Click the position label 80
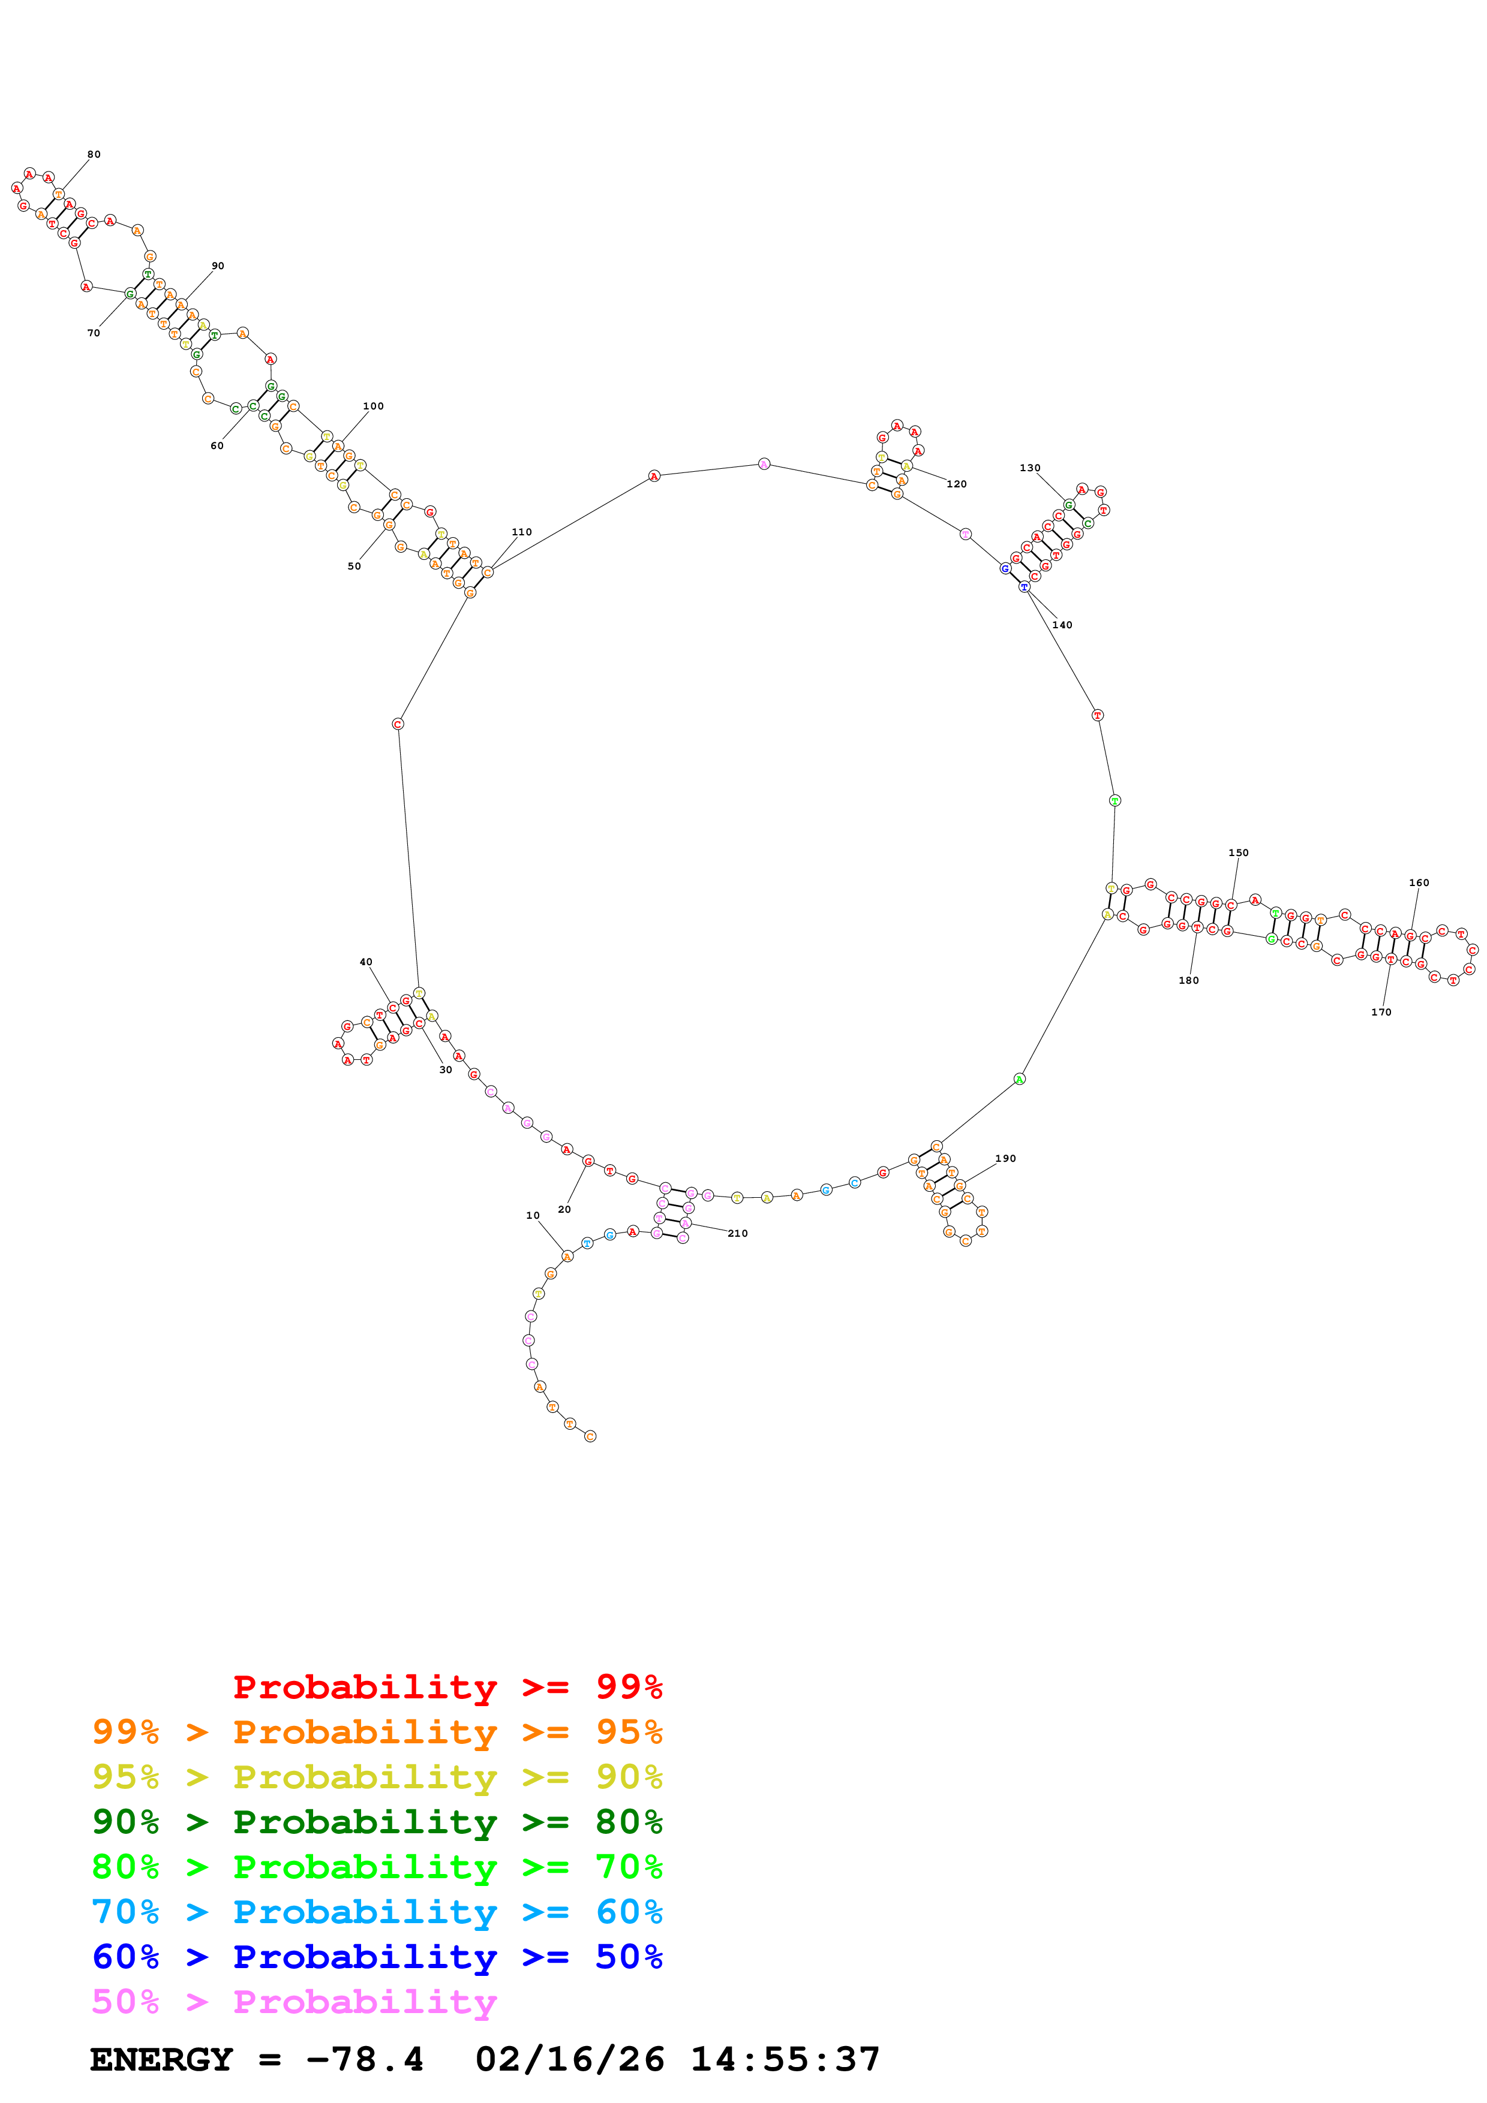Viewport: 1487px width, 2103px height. point(94,154)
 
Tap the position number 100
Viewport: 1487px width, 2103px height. point(373,406)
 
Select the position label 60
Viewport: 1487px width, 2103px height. point(217,446)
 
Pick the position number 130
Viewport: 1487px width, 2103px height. point(1030,468)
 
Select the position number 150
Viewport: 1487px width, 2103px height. point(1238,852)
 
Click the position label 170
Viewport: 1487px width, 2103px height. point(1381,1012)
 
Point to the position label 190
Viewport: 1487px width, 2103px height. point(1005,1159)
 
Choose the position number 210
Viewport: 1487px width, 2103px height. point(738,1234)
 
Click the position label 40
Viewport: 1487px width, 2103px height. point(365,962)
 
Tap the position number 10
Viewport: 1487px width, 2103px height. point(532,1215)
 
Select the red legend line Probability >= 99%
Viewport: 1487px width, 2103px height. point(447,1687)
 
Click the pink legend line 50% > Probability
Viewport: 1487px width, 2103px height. point(294,2001)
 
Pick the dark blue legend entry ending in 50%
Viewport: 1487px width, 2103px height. point(377,1957)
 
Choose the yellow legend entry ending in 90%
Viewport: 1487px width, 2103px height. point(377,1777)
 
